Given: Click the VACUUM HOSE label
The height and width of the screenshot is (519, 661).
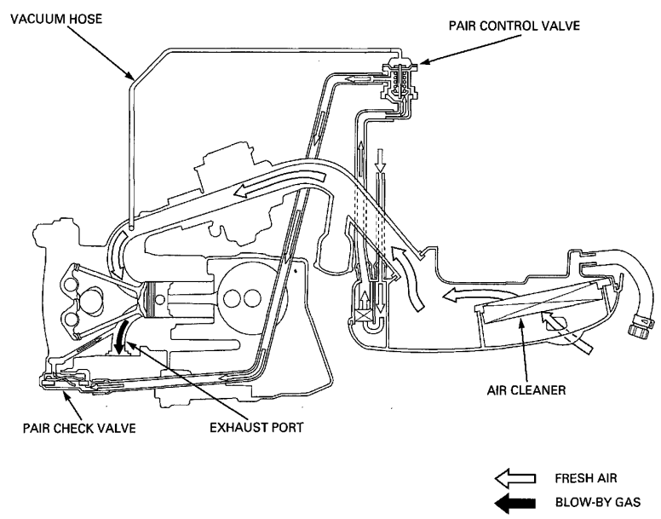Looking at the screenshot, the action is coord(56,19).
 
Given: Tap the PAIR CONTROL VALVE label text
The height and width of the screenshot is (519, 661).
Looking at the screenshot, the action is coord(514,26).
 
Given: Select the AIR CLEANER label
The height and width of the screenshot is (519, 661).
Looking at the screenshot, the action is coord(526,390).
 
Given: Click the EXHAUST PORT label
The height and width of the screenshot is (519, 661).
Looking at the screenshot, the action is coord(256,427).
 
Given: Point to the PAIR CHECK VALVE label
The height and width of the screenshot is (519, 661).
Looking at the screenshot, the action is coord(79,429).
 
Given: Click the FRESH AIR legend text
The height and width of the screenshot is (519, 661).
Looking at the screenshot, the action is coord(586,479).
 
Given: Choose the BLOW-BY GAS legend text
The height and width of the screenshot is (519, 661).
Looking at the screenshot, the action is coord(598,502).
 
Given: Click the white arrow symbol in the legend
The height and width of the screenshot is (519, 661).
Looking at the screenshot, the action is coord(515,479).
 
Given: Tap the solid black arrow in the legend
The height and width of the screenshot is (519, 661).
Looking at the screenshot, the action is coord(515,503).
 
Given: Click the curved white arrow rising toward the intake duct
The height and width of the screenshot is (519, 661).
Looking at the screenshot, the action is coord(408,276).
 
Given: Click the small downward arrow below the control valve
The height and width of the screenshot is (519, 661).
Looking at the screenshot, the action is coord(381,160).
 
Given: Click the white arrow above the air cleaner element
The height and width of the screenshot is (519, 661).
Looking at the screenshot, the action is coord(460,295).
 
